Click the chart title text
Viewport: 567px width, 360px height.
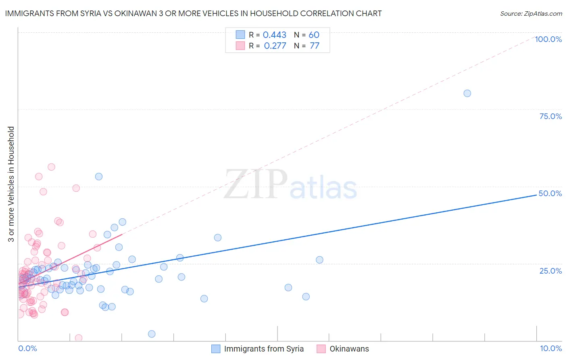click(193, 13)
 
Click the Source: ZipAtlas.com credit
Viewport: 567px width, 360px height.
click(531, 13)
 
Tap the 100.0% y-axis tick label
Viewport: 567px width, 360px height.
click(548, 39)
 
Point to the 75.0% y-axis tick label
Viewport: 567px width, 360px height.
click(550, 116)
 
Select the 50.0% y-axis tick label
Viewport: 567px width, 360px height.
click(550, 193)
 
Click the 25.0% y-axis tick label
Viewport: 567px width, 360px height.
click(550, 270)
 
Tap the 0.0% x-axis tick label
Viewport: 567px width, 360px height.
click(27, 348)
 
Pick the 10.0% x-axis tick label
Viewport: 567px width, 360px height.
click(551, 348)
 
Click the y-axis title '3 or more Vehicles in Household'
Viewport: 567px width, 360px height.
click(11, 184)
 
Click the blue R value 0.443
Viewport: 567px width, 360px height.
click(274, 35)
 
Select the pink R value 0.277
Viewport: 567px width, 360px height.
click(275, 46)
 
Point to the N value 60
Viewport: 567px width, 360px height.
click(314, 35)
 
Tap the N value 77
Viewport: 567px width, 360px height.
click(314, 46)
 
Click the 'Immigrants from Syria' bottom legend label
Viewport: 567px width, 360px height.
click(264, 349)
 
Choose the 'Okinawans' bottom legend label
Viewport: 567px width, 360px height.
click(349, 349)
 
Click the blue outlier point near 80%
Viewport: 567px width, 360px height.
click(467, 93)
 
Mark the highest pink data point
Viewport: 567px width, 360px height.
click(51, 167)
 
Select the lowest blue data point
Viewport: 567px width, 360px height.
click(152, 334)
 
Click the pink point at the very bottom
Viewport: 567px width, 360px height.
click(79, 338)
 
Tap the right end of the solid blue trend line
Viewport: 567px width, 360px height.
click(536, 195)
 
